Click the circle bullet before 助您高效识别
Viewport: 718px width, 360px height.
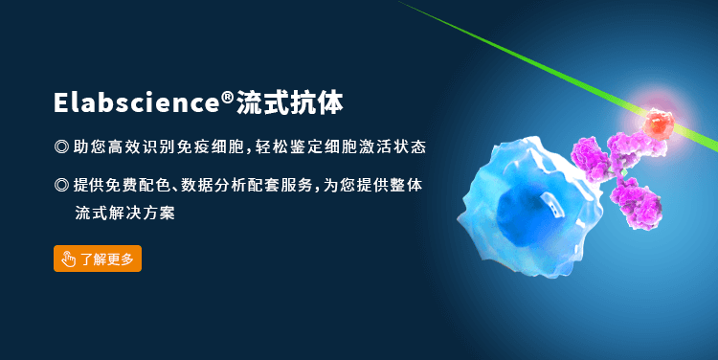[x=61, y=147]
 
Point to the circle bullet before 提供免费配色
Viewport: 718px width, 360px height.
[x=61, y=184]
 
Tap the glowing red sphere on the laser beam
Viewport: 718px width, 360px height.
[x=658, y=122]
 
